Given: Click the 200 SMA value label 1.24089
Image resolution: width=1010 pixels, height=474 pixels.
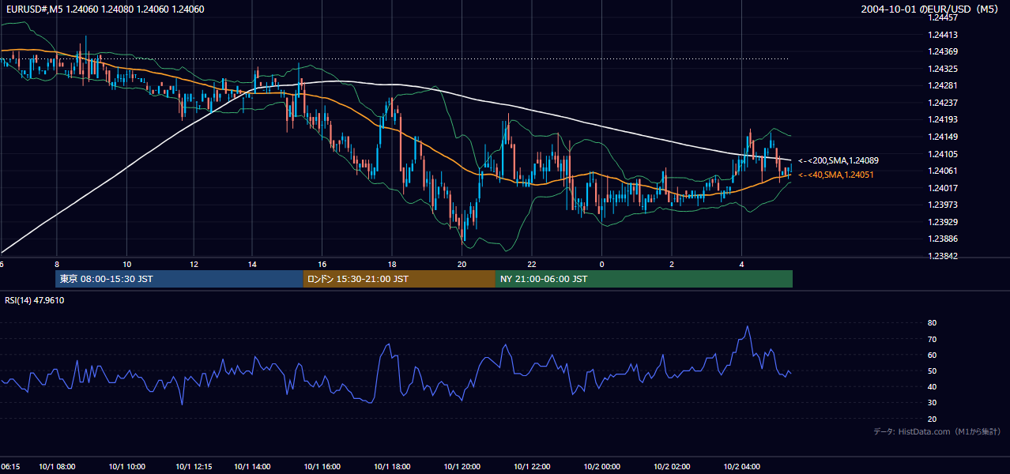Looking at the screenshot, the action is click(x=839, y=160).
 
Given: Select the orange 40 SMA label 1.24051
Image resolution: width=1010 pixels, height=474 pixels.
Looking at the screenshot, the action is click(x=836, y=175).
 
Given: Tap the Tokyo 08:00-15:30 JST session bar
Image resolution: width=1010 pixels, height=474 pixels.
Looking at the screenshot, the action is click(x=179, y=279).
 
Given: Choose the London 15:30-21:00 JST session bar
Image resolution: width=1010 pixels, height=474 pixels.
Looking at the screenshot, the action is click(x=399, y=279).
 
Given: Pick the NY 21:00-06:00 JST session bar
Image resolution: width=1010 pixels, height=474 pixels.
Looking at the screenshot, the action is click(x=644, y=279).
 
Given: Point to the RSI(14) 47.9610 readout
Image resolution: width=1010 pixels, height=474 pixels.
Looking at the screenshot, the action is click(x=34, y=300).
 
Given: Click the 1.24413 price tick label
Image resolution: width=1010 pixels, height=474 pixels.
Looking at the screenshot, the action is click(x=943, y=35).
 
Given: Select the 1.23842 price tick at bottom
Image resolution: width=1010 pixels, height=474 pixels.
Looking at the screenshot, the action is click(x=943, y=256).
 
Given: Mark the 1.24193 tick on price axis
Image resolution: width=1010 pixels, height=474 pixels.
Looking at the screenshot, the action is click(x=943, y=119).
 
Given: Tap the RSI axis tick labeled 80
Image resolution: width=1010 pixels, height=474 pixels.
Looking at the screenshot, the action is click(x=932, y=322).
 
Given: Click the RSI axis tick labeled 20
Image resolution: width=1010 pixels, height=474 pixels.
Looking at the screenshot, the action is click(x=932, y=419).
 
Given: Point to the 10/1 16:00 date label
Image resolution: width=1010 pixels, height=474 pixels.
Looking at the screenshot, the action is click(x=322, y=466).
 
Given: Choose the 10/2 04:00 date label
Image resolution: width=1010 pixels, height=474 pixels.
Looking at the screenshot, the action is click(x=742, y=466).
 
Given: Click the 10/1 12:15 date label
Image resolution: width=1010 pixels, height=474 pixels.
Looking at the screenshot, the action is click(x=194, y=466).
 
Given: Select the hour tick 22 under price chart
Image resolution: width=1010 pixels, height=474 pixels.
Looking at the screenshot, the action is click(x=532, y=265).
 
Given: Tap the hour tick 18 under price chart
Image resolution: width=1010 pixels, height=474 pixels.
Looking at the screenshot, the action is click(x=392, y=265).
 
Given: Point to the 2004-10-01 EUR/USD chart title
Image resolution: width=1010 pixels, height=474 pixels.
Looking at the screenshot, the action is click(x=929, y=9).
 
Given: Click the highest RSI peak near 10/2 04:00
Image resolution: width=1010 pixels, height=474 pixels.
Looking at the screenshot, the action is click(x=748, y=326).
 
